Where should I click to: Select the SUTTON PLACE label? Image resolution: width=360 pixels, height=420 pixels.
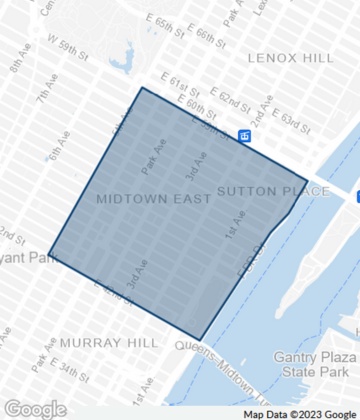tap(257, 189)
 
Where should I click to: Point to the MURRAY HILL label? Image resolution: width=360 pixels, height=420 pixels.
tap(108, 342)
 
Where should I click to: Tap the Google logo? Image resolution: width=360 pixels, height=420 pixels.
tap(34, 409)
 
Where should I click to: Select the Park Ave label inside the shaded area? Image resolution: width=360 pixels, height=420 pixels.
tap(149, 155)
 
